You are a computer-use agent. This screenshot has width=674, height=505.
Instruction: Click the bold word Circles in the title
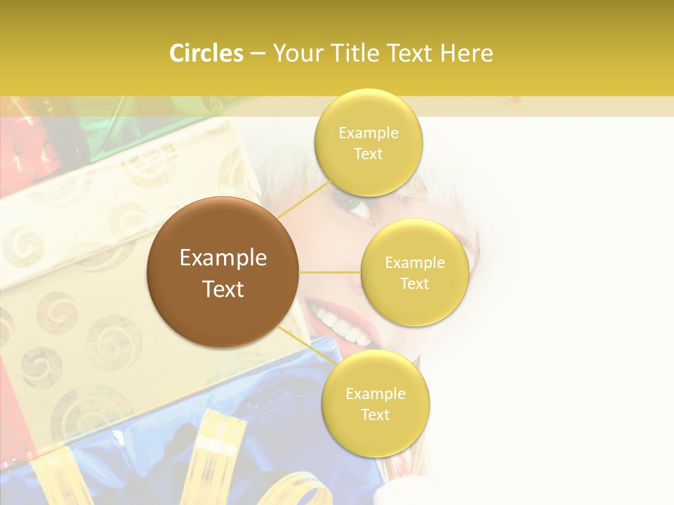pyautogui.click(x=206, y=53)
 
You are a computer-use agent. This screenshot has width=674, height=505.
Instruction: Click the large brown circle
pyautogui.click(x=223, y=272)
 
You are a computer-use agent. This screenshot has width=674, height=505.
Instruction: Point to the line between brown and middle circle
pyautogui.click(x=330, y=272)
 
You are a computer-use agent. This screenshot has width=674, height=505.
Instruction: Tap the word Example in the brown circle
pyautogui.click(x=223, y=258)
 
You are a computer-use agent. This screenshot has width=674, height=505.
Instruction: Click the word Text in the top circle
pyautogui.click(x=368, y=154)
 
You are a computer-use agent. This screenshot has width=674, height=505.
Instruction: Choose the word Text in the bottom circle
pyautogui.click(x=375, y=415)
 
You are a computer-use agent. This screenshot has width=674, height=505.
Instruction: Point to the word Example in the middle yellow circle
pyautogui.click(x=414, y=263)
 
